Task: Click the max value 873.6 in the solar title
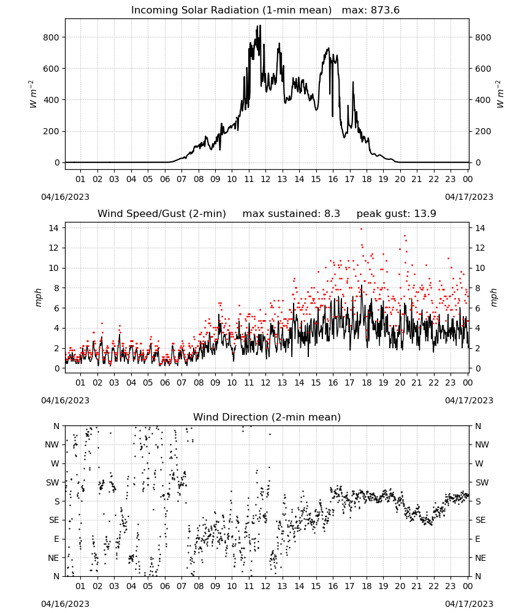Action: [385, 10]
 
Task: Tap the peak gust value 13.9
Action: [424, 213]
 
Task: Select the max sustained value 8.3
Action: [332, 213]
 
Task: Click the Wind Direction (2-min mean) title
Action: [267, 417]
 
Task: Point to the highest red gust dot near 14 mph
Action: [361, 229]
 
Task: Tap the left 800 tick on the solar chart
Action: [51, 37]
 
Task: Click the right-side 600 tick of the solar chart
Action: [483, 69]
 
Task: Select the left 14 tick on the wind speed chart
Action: [54, 228]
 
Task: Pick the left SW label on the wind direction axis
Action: [52, 482]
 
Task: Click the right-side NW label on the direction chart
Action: [482, 444]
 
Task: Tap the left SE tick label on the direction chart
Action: [54, 520]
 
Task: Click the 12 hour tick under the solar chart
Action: [265, 179]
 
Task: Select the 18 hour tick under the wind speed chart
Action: [367, 383]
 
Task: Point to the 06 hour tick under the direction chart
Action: [165, 586]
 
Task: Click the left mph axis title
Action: [38, 297]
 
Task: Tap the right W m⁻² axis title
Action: [500, 94]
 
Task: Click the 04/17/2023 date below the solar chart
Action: [469, 197]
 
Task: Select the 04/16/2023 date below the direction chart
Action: [65, 604]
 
